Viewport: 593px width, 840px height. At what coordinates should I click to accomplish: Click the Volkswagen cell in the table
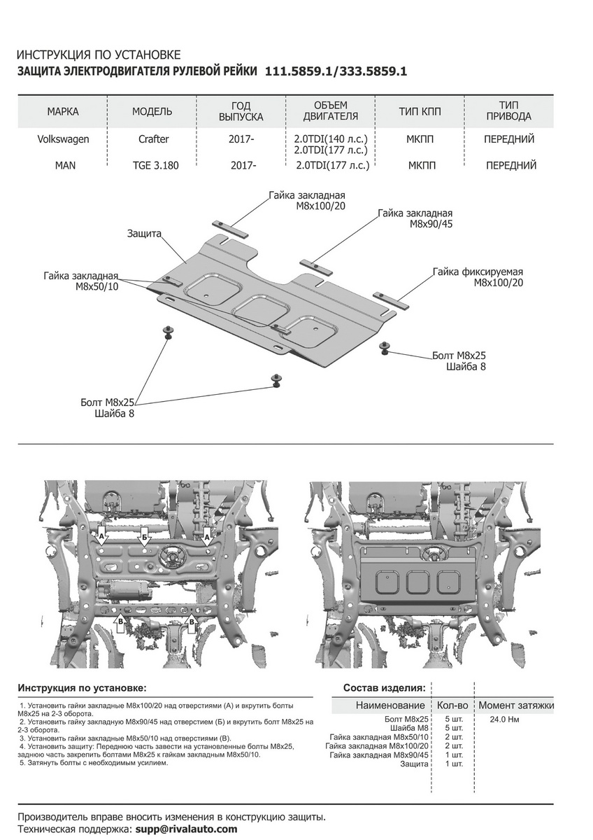click(x=63, y=139)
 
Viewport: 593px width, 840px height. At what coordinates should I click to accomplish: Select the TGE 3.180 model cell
click(x=152, y=166)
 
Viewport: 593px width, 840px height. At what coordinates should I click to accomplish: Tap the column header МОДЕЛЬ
click(x=152, y=111)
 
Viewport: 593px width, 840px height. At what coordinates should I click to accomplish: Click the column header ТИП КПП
click(x=420, y=111)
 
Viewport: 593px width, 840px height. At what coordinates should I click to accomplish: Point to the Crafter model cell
click(x=152, y=139)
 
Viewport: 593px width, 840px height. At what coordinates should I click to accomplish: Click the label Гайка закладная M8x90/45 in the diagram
click(x=415, y=218)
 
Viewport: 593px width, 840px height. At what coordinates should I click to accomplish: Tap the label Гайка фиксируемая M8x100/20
click(x=478, y=277)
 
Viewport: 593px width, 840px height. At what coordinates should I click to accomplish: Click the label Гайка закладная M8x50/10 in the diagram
click(x=80, y=281)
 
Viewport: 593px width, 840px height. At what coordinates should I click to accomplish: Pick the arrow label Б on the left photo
click(x=144, y=537)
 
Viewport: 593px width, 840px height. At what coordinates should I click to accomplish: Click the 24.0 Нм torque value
click(x=504, y=719)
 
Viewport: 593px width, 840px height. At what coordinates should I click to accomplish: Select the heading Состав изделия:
click(x=384, y=688)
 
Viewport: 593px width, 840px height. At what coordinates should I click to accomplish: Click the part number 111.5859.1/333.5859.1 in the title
click(x=336, y=71)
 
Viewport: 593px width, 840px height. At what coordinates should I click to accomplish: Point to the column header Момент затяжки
click(x=516, y=705)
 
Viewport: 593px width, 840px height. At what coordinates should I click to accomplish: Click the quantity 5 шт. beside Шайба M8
click(x=453, y=728)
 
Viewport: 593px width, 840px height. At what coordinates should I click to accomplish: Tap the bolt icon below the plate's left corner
click(x=167, y=330)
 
